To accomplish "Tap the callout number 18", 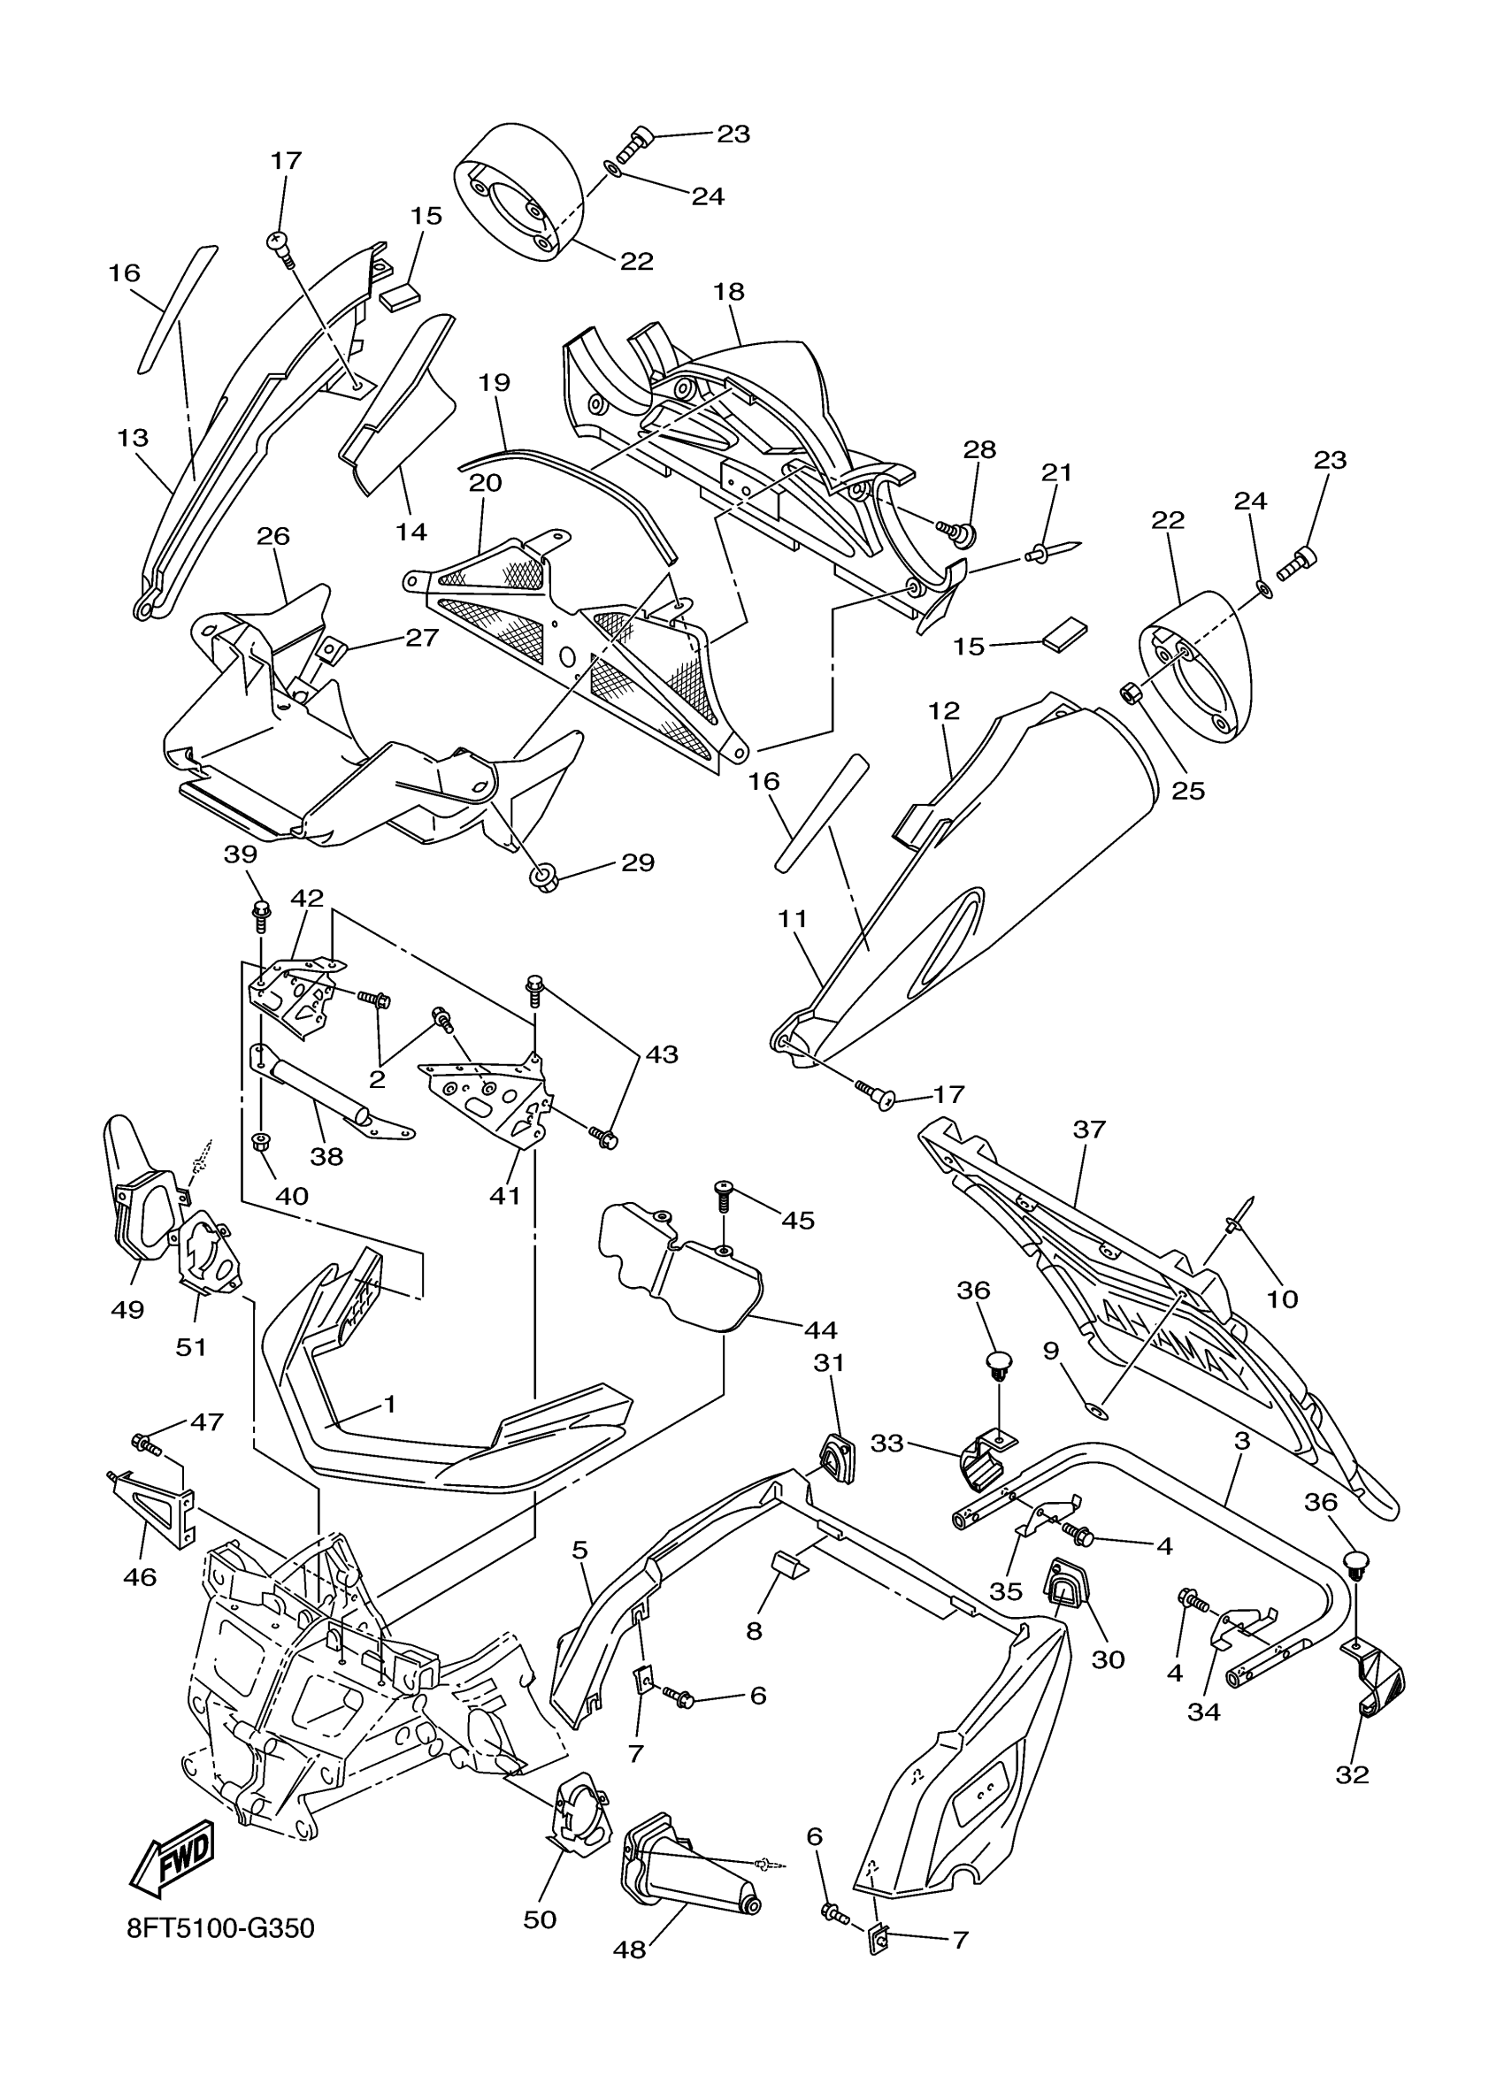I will click(x=729, y=292).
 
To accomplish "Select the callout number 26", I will click(x=272, y=535).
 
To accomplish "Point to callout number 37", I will click(x=1089, y=1130).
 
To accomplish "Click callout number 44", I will click(x=819, y=1329).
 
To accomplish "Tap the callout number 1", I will click(x=389, y=1403).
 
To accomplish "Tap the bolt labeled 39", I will click(x=259, y=912).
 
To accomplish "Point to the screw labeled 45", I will click(x=723, y=1193).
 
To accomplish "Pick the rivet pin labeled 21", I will click(x=1053, y=552).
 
